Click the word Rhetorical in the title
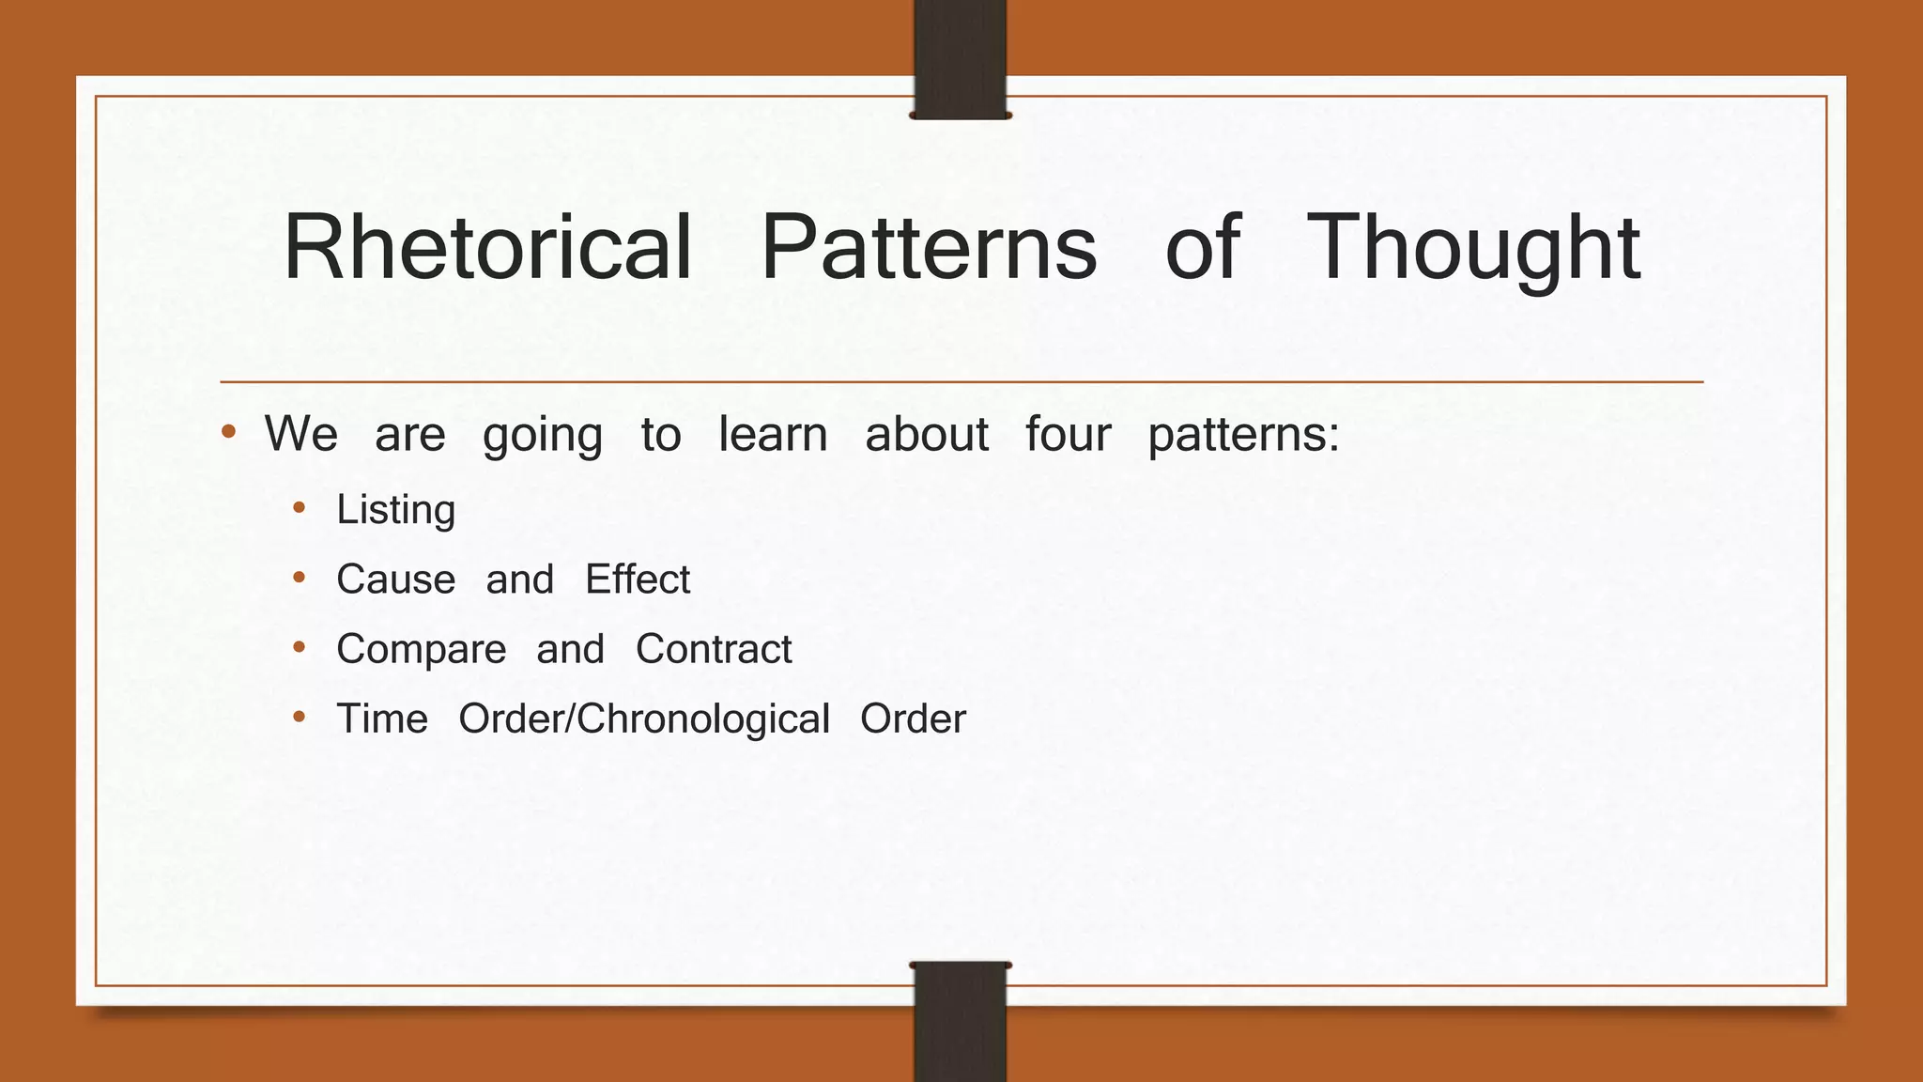[488, 248]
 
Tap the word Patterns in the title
[929, 248]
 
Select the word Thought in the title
[1472, 248]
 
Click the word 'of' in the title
[1203, 248]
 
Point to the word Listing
[395, 511]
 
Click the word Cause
[395, 580]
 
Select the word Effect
[638, 580]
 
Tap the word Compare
[421, 650]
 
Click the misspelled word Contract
[714, 650]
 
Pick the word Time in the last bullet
[382, 719]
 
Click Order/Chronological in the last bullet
[644, 719]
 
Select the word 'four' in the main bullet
[1068, 434]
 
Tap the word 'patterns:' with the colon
[1243, 436]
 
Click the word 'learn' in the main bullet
[773, 434]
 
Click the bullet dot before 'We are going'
[228, 433]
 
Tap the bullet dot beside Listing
[300, 508]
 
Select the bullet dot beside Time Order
[300, 718]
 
